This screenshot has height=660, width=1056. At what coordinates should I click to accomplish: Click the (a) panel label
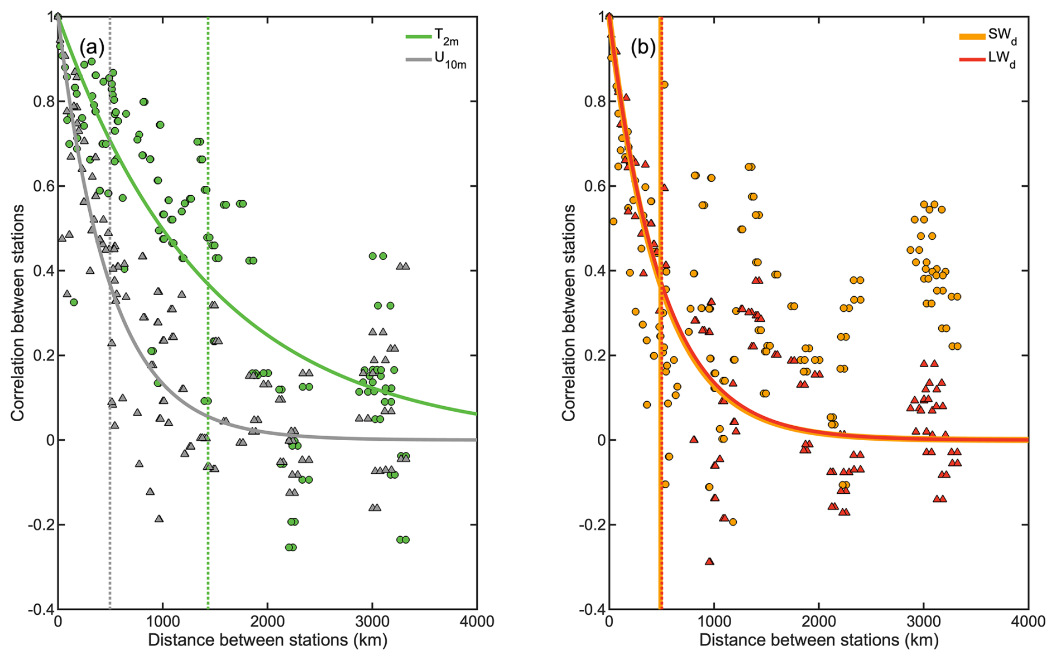92,48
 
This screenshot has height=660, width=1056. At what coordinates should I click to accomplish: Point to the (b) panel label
643,48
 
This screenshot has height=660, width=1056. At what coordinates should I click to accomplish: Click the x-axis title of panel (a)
267,640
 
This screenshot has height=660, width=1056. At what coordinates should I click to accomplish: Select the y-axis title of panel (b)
568,312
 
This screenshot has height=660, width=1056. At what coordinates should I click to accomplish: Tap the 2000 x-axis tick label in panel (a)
267,622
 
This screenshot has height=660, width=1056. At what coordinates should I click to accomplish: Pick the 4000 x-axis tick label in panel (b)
1028,622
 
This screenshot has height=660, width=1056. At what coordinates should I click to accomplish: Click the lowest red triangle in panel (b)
709,561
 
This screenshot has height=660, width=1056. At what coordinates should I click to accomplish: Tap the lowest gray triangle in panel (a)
159,519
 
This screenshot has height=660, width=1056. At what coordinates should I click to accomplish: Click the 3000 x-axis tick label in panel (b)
923,622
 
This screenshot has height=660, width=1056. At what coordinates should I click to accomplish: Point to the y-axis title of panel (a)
17,312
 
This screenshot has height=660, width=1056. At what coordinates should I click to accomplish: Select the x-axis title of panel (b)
819,640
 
